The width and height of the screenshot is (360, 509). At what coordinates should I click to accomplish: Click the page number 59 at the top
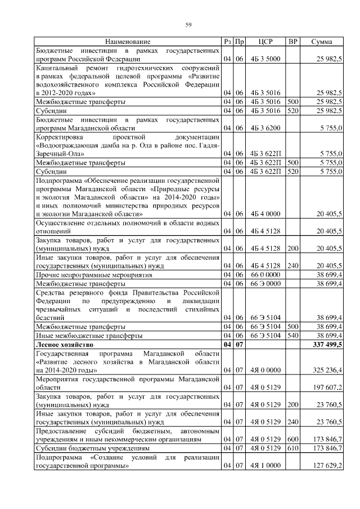tap(189, 24)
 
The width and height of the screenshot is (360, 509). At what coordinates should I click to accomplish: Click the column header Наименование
tap(128, 42)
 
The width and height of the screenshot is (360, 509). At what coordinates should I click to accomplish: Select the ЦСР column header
tap(265, 42)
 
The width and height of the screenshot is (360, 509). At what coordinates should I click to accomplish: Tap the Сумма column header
tap(321, 42)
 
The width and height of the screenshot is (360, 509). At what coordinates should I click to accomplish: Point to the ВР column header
tap(292, 42)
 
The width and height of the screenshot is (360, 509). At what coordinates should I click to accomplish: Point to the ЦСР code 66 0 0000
tap(265, 274)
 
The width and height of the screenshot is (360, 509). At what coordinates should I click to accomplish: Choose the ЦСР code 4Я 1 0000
tap(265, 466)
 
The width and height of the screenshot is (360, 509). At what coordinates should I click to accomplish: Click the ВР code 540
tap(292, 335)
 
